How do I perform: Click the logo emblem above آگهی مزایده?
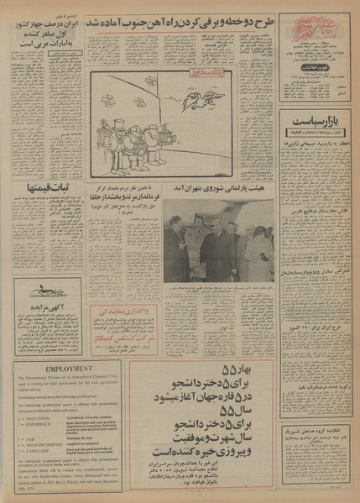point(49,290)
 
